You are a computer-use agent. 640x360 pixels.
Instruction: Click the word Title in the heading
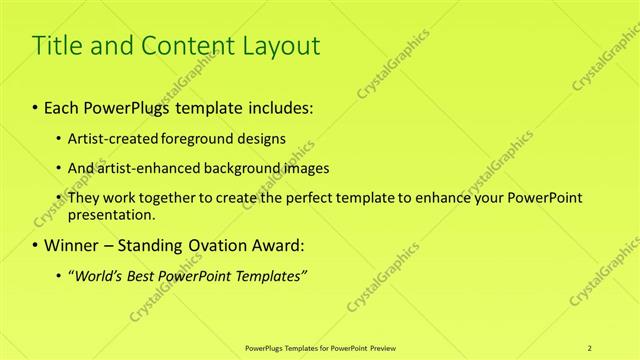[58, 45]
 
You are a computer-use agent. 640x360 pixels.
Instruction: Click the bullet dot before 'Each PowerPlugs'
[36, 106]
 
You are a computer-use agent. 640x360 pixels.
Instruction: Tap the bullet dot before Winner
[36, 245]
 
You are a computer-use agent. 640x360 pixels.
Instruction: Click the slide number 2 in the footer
[591, 347]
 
